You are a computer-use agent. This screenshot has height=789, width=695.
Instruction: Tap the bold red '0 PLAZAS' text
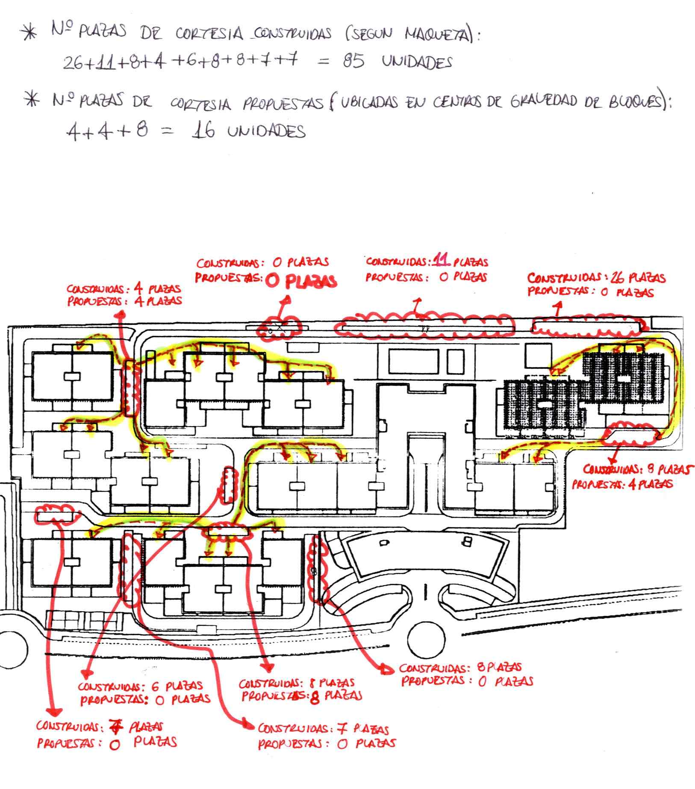(x=301, y=281)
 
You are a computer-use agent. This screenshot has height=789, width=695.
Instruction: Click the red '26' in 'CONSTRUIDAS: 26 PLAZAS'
(x=617, y=278)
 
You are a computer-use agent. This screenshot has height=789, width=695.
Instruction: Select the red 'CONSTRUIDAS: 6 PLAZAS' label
(x=140, y=686)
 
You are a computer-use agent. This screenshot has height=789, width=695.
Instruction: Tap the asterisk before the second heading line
(x=32, y=101)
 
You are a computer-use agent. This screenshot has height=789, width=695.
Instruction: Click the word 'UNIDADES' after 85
(x=417, y=63)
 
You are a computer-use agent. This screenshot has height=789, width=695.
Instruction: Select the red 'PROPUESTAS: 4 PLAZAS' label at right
(x=622, y=484)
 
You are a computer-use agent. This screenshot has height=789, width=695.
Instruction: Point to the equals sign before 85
(x=324, y=62)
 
